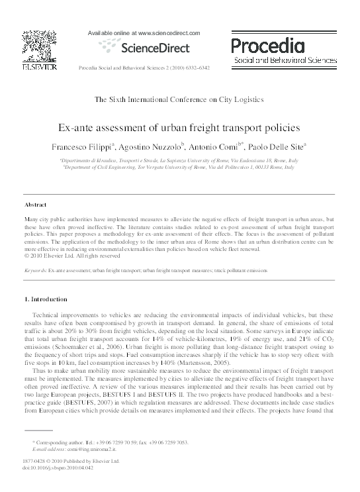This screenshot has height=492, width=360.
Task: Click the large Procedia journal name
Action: pos(267,45)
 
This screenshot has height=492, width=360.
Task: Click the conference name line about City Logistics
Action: pos(179,99)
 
